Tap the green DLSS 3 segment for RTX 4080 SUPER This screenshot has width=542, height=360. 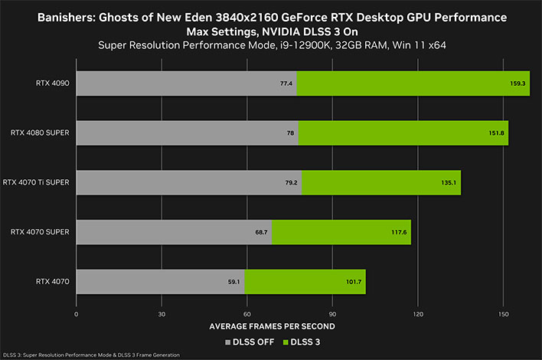(x=403, y=133)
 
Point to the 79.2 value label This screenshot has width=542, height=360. (x=290, y=183)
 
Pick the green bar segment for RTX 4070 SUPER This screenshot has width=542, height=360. (x=341, y=232)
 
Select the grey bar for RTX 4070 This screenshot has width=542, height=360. (x=160, y=282)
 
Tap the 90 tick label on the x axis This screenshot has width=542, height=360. (x=332, y=314)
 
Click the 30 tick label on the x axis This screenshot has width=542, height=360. (x=162, y=314)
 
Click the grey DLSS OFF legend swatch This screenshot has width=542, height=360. (x=227, y=342)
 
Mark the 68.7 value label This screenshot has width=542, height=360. (x=261, y=232)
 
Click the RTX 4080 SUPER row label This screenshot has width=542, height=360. (x=41, y=133)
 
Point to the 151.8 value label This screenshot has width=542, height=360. (x=497, y=133)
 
